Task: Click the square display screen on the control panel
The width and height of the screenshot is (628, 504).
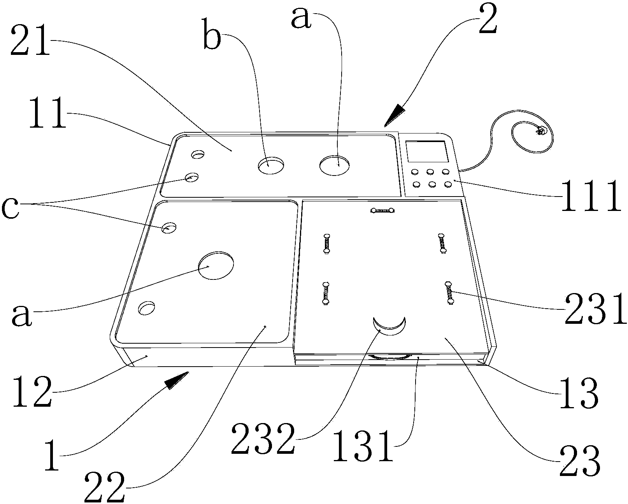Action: (426, 152)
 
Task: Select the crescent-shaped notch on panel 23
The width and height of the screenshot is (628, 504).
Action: (389, 326)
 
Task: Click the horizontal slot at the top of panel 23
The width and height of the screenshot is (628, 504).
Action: (383, 211)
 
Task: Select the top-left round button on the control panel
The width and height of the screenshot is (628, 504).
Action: (415, 171)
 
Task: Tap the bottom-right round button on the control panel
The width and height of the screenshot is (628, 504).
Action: (447, 184)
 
